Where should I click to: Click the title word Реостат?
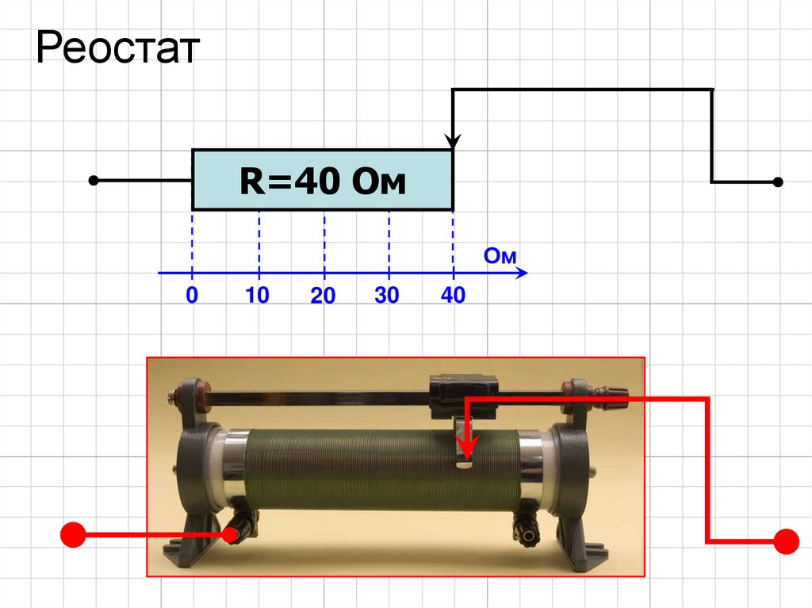117,48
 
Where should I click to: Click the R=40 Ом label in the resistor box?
323,182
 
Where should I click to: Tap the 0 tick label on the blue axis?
192,295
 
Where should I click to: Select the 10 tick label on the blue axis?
257,295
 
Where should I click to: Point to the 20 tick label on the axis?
323,295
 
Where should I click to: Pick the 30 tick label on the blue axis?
387,295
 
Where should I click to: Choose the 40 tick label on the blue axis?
453,295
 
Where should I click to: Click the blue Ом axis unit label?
500,256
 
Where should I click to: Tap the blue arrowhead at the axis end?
522,273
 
